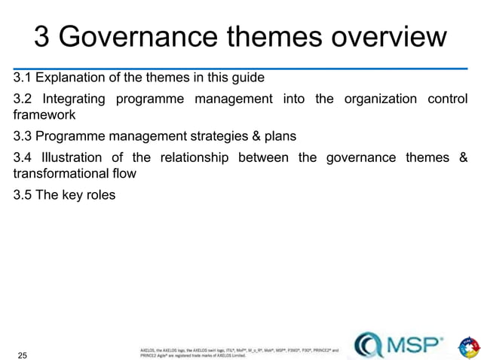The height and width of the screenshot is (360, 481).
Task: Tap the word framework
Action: click(43, 116)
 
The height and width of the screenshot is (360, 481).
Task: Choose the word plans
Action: click(280, 137)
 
